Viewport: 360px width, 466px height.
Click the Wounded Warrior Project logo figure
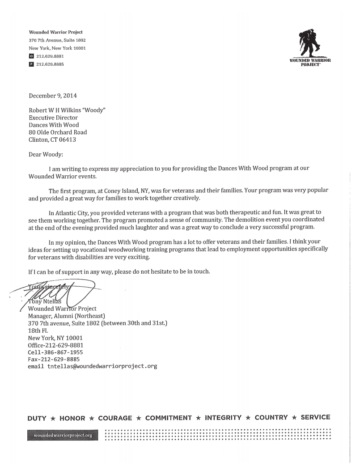click(x=310, y=43)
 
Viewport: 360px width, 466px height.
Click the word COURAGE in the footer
click(x=115, y=418)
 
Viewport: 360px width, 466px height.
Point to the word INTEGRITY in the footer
click(x=223, y=418)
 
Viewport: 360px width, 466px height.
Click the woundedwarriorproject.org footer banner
click(x=63, y=435)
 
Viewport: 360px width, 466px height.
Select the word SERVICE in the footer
click(x=315, y=417)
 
